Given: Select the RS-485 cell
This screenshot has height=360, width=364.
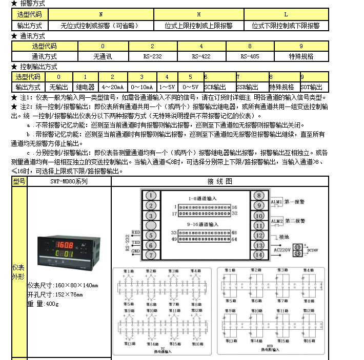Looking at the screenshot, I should pyautogui.click(x=250, y=56).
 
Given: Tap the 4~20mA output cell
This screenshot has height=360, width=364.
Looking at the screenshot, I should pyautogui.click(x=113, y=87).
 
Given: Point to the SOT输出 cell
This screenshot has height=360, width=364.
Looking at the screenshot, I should pyautogui.click(x=312, y=87).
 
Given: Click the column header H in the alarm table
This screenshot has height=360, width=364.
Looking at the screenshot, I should pyautogui.click(x=197, y=15).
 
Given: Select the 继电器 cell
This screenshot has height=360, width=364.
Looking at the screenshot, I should pyautogui.click(x=85, y=87).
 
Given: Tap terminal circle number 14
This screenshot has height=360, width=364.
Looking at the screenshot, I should pyautogui.click(x=258, y=254).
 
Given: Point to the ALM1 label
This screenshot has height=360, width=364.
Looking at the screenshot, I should pyautogui.click(x=276, y=203).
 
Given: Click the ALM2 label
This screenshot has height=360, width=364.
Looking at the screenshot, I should pyautogui.click(x=276, y=222).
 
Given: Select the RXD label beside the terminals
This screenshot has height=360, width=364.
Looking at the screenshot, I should pyautogui.click(x=136, y=232).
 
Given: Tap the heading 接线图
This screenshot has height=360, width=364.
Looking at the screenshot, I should pyautogui.click(x=219, y=181).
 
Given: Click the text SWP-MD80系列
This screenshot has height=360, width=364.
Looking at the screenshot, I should pyautogui.click(x=69, y=181).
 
